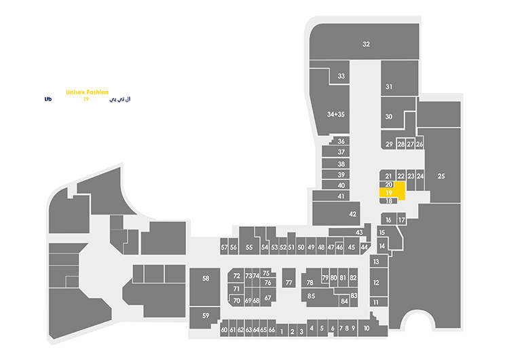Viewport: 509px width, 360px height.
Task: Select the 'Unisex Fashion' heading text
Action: click(88, 92)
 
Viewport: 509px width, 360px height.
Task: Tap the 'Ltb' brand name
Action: click(48, 100)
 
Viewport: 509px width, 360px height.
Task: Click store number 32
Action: click(366, 44)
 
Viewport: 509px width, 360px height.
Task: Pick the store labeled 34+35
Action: click(336, 114)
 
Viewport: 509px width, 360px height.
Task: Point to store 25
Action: click(441, 177)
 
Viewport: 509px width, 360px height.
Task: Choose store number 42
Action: click(352, 214)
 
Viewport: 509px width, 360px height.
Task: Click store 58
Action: click(206, 278)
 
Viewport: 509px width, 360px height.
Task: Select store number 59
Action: click(206, 315)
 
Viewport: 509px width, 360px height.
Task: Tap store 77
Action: click(288, 283)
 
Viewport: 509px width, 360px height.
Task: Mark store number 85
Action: click(312, 296)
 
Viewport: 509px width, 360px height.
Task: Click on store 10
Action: click(366, 328)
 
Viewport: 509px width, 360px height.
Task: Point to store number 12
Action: click(376, 283)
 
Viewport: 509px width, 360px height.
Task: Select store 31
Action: click(390, 87)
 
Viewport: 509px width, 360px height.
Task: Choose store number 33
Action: click(341, 76)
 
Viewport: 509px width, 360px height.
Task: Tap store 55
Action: click(249, 247)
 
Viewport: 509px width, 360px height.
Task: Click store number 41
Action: click(341, 197)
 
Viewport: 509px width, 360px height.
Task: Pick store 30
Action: click(389, 117)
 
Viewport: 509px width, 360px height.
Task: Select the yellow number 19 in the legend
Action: click(86, 100)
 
